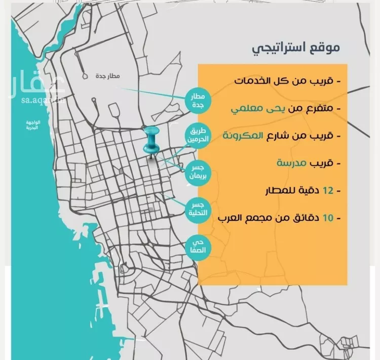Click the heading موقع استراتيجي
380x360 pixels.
(296, 49)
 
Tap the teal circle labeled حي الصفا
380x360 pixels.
(199, 246)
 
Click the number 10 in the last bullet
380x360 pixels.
(328, 219)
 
